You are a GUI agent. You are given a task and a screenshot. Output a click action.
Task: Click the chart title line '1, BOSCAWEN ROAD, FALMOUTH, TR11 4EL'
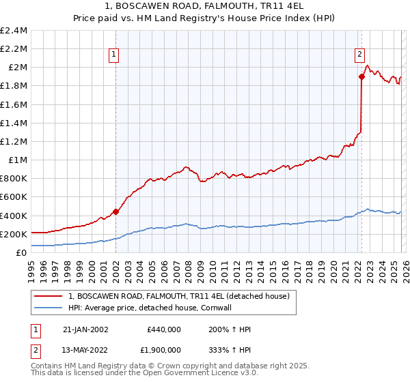[x=205, y=5]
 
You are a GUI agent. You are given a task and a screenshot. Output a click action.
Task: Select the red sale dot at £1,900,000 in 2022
[x=361, y=76]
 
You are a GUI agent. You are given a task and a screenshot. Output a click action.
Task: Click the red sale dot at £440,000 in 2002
[x=115, y=211]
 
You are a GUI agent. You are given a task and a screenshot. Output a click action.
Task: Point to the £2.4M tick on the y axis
[x=14, y=31]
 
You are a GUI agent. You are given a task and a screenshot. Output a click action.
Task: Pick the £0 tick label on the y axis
[x=22, y=252]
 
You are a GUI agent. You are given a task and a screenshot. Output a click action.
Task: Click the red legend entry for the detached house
[x=179, y=296]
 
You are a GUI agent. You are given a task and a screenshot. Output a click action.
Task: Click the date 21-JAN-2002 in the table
[x=85, y=329]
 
